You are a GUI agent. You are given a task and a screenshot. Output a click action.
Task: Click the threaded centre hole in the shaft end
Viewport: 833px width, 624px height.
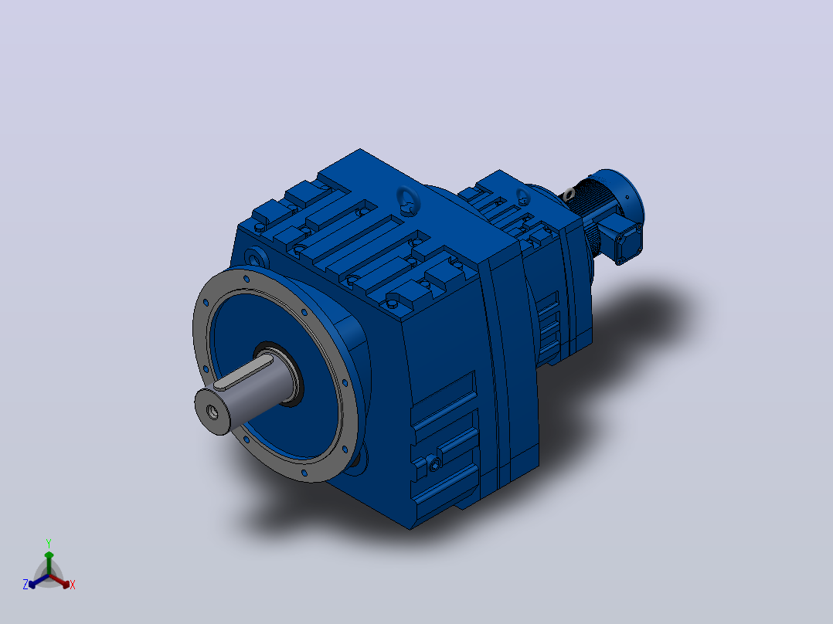pyautogui.click(x=212, y=412)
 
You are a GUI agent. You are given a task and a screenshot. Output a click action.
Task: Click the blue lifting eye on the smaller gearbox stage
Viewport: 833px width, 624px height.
pyautogui.click(x=523, y=198)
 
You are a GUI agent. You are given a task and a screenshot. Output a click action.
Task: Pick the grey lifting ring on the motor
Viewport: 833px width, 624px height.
pyautogui.click(x=569, y=194)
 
